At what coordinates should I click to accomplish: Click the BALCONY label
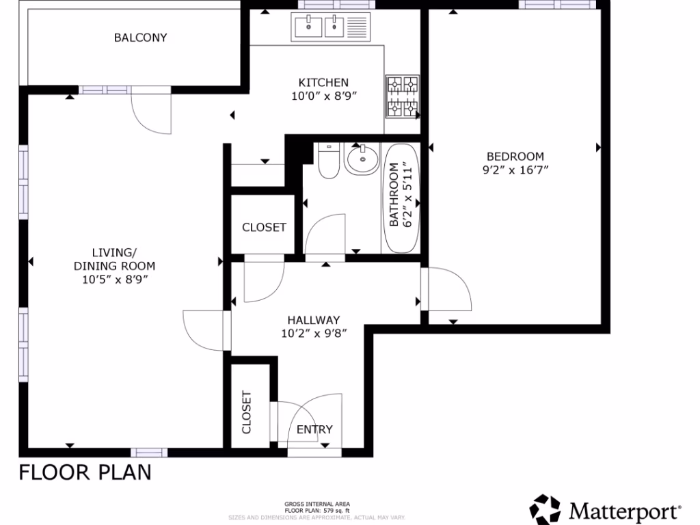(x=140, y=38)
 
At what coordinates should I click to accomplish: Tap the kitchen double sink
(x=321, y=27)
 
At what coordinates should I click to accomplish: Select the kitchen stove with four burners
(x=403, y=96)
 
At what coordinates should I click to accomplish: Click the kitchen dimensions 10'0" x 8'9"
(x=314, y=96)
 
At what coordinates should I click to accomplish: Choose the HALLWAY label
(x=314, y=320)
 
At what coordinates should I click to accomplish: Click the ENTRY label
(x=314, y=429)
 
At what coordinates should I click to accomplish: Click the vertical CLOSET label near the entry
(x=247, y=412)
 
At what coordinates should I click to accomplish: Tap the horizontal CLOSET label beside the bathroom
(x=264, y=227)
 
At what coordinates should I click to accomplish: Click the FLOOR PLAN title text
(x=85, y=472)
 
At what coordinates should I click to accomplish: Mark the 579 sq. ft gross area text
(x=318, y=510)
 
